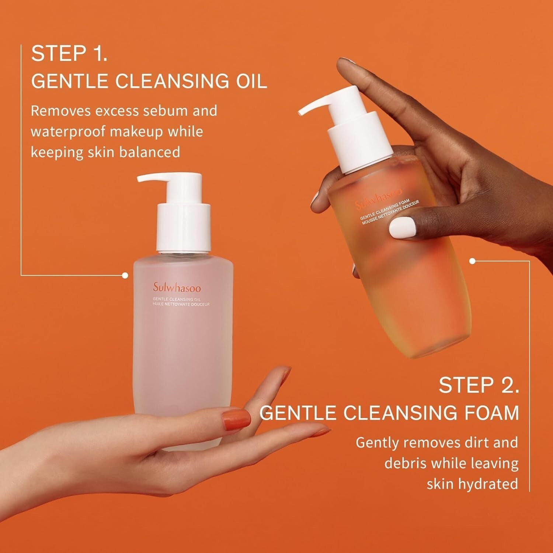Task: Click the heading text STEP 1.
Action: [x=69, y=54]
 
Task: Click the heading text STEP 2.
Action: [x=479, y=386]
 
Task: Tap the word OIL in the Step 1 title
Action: [x=251, y=81]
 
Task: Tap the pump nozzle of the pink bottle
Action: [x=151, y=179]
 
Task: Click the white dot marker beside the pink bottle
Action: [x=125, y=275]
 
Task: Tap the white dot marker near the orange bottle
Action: [x=472, y=261]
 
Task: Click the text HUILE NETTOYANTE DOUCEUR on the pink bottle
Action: [x=181, y=305]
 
